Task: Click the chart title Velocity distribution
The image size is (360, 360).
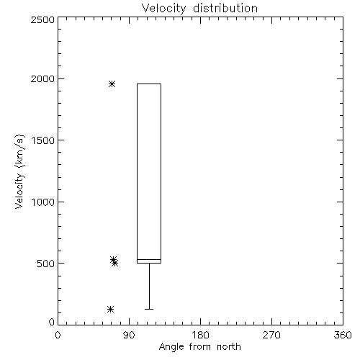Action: click(x=199, y=9)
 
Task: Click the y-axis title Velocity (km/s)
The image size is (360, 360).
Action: click(x=19, y=171)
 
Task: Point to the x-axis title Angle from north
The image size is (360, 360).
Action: click(x=200, y=347)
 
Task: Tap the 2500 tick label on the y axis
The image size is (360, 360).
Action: click(x=42, y=19)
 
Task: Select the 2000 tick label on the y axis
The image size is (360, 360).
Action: click(x=42, y=78)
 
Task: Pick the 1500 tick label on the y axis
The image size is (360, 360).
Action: click(x=43, y=140)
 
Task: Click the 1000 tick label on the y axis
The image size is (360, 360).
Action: click(x=43, y=202)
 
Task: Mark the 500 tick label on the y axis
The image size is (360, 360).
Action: click(x=46, y=264)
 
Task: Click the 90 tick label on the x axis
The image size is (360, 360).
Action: click(x=129, y=335)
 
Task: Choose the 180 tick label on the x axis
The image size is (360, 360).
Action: click(x=200, y=335)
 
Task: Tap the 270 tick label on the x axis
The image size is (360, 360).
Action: click(x=271, y=335)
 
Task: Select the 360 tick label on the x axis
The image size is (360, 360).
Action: click(x=343, y=335)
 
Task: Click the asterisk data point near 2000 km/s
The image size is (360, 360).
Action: click(x=112, y=84)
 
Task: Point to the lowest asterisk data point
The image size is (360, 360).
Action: click(x=110, y=309)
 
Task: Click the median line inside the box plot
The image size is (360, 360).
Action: click(x=149, y=259)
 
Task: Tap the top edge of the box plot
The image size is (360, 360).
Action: click(x=149, y=84)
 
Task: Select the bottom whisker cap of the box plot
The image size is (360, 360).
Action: click(x=149, y=309)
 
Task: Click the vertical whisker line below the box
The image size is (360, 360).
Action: click(x=149, y=286)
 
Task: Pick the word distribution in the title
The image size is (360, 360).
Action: click(x=225, y=9)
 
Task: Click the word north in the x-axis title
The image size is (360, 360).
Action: click(x=229, y=347)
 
